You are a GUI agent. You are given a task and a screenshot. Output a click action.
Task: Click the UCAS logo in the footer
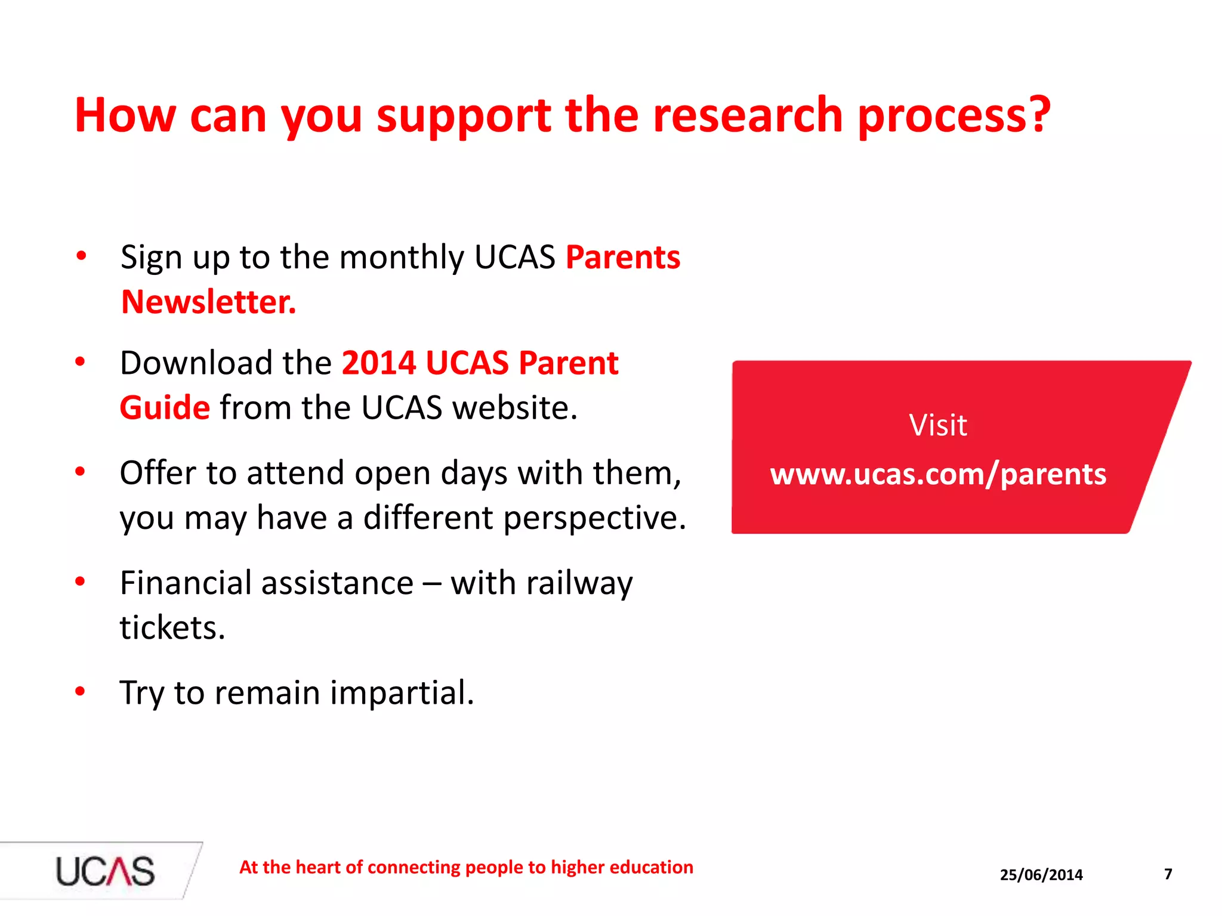coord(105,871)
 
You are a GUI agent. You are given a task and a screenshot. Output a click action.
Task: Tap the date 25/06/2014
coord(1041,875)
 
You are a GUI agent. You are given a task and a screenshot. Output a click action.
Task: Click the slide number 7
coord(1168,874)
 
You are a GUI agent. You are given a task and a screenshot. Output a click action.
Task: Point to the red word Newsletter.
coord(208,302)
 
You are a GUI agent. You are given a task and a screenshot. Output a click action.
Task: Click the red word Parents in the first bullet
coord(623,258)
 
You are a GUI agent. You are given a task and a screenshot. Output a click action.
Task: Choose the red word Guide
coord(165,408)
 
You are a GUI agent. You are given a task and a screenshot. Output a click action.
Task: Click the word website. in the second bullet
coord(515,408)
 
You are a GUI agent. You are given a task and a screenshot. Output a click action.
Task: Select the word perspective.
coord(595,518)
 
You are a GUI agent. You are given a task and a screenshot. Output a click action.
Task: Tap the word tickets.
coord(172,628)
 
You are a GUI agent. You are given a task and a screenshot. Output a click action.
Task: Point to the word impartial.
coord(402,693)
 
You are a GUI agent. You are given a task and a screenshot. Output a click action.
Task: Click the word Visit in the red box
coord(938,425)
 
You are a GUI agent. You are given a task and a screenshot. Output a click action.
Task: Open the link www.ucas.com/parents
coord(938,475)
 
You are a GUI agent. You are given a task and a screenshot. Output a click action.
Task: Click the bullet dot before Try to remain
coord(80,692)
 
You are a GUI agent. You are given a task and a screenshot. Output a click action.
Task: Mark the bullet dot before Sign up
coord(81,256)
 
